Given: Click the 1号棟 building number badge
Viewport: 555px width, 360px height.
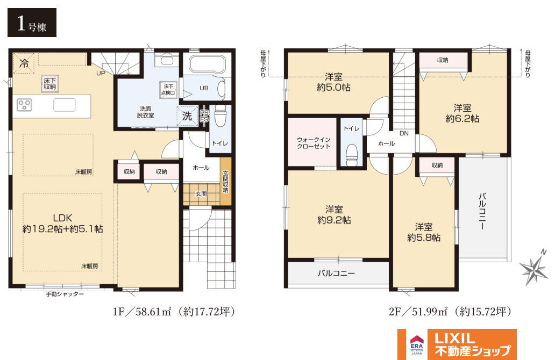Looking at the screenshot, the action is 32,23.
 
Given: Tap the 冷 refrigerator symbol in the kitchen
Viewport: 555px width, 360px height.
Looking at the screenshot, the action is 24,63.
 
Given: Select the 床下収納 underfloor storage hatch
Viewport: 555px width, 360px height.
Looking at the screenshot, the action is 50,84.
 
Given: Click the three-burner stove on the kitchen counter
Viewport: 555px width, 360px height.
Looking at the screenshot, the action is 24,105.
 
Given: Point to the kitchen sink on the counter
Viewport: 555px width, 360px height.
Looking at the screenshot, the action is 65,105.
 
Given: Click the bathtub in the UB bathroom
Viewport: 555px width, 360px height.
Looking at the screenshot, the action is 207,64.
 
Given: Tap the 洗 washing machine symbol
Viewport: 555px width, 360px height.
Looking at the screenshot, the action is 187,116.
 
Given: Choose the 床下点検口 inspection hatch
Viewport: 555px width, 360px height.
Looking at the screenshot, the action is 168,90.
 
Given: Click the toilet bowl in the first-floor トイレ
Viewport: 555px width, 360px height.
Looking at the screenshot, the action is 220,116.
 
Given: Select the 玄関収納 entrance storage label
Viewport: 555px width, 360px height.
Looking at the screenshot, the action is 225,182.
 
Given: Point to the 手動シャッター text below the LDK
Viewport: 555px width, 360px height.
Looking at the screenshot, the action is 65,294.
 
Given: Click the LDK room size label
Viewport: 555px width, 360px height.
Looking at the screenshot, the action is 62,224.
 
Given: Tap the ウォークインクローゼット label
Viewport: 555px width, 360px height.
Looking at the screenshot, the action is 314,143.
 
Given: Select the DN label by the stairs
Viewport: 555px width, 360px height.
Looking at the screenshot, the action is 404,133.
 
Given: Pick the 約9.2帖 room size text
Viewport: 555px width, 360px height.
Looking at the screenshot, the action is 334,220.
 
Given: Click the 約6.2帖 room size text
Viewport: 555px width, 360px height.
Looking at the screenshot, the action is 462,118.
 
